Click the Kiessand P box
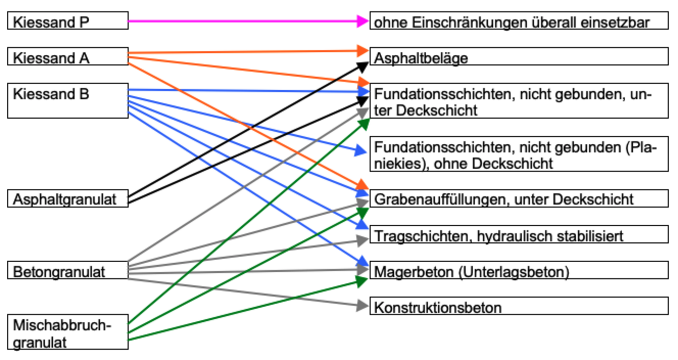(x=68, y=21)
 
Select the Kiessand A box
(x=68, y=57)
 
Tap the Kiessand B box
(x=68, y=100)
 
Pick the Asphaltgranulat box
(x=68, y=199)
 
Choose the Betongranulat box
(x=68, y=270)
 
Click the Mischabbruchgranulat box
(x=68, y=332)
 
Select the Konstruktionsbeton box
(x=518, y=306)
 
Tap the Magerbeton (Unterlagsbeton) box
(x=518, y=271)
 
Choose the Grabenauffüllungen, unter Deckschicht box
(x=518, y=199)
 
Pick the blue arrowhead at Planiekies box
(x=360, y=151)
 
